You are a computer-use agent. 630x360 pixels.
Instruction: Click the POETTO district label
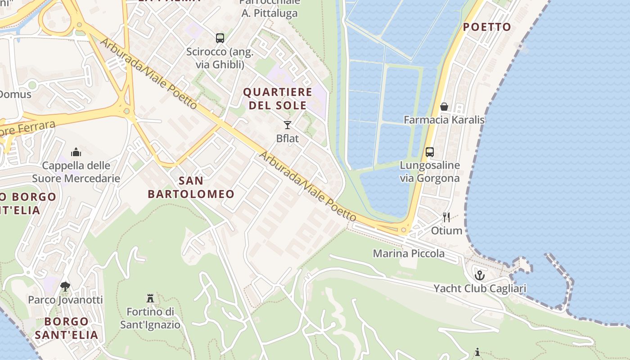487,27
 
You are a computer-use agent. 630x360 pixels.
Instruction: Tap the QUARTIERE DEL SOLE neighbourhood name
278,99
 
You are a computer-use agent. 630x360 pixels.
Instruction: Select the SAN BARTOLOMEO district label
191,187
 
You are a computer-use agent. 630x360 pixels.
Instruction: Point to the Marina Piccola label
409,253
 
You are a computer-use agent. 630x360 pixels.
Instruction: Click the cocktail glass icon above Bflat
288,125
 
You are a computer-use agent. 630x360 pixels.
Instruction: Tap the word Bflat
288,138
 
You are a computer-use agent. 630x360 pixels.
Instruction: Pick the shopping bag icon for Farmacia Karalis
444,107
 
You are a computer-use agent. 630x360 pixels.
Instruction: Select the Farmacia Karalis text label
444,120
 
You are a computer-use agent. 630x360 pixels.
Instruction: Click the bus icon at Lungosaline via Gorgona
430,152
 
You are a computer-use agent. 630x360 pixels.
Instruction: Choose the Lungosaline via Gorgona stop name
430,171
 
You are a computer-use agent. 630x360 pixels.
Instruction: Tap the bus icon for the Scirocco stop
220,38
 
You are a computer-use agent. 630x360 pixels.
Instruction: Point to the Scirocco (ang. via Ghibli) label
220,58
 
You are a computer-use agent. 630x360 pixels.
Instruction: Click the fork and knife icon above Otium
446,217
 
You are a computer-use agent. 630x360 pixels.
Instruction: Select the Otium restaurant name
446,230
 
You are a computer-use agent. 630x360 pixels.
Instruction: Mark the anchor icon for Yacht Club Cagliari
480,275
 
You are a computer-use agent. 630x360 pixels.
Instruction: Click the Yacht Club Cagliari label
480,288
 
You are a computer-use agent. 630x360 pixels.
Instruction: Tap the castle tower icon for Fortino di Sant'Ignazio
150,298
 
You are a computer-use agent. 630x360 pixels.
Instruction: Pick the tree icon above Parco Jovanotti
65,286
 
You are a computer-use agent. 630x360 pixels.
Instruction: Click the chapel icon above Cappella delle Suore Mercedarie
76,152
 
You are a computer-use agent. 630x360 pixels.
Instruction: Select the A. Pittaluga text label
270,13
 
